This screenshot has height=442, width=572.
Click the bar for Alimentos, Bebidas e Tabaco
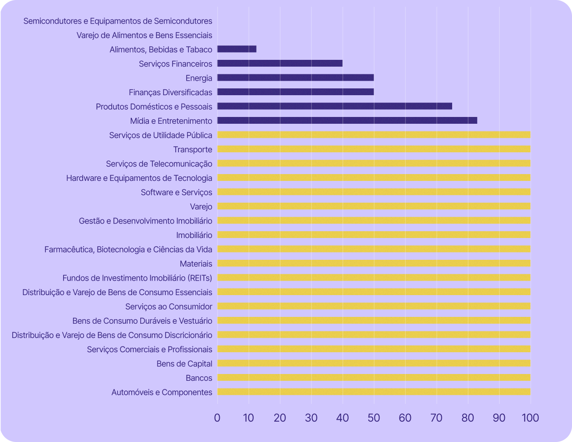pyautogui.click(x=237, y=49)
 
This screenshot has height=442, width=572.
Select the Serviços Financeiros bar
pyautogui.click(x=280, y=63)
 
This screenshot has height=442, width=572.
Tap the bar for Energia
pyautogui.click(x=296, y=78)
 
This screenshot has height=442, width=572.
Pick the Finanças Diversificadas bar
pyautogui.click(x=296, y=92)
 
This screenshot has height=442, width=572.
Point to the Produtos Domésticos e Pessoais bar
pyautogui.click(x=335, y=106)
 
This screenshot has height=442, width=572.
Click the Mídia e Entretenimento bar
pyautogui.click(x=347, y=121)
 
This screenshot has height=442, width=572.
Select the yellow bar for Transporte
pyautogui.click(x=374, y=149)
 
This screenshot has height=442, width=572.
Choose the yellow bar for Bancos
pyautogui.click(x=374, y=378)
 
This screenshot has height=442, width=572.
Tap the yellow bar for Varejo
pyautogui.click(x=374, y=206)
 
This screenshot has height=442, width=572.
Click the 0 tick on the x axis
pyautogui.click(x=217, y=418)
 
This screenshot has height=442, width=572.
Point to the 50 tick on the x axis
pyautogui.click(x=374, y=418)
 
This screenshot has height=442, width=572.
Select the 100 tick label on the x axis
pyautogui.click(x=530, y=418)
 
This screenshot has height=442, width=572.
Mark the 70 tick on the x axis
pyautogui.click(x=436, y=418)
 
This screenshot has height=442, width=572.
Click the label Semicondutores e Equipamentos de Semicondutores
pyautogui.click(x=118, y=21)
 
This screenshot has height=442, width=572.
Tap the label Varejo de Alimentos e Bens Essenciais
pyautogui.click(x=144, y=35)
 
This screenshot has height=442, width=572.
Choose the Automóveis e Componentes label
pyautogui.click(x=162, y=392)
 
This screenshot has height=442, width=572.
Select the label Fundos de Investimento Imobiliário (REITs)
pyautogui.click(x=137, y=278)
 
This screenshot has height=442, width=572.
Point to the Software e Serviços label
pyautogui.click(x=176, y=192)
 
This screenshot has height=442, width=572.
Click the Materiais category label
pyautogui.click(x=196, y=263)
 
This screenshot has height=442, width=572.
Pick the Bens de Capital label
pyautogui.click(x=184, y=364)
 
